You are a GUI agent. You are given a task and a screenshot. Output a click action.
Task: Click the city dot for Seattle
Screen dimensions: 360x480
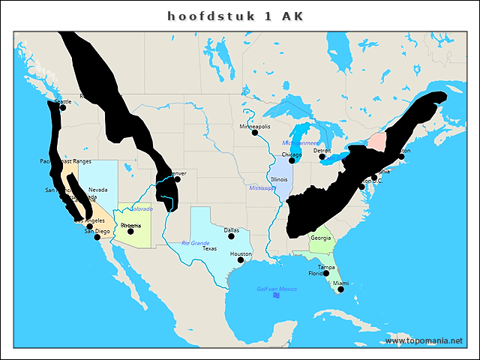click(x=62, y=107)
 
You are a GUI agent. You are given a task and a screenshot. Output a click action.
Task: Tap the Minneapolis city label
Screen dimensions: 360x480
click(x=255, y=127)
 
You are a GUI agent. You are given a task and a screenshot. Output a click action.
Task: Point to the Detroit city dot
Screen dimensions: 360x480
click(x=322, y=156)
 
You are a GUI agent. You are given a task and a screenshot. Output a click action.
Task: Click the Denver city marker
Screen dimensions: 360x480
click(x=177, y=178)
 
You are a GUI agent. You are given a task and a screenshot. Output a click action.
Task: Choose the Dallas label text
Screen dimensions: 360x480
click(x=231, y=230)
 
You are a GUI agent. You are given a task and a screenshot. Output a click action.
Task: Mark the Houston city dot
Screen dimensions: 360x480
click(x=241, y=259)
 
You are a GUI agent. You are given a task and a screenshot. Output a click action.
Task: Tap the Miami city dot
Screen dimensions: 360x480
click(x=340, y=289)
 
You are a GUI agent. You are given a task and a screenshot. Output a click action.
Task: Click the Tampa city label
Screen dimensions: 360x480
click(x=326, y=267)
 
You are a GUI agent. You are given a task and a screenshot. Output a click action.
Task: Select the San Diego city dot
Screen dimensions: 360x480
click(x=97, y=237)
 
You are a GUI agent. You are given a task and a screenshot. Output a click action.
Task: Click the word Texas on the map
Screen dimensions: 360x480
click(x=210, y=248)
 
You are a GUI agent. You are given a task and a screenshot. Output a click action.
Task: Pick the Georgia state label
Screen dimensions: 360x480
click(x=320, y=238)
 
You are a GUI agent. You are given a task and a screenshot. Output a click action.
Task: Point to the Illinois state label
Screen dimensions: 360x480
click(x=279, y=179)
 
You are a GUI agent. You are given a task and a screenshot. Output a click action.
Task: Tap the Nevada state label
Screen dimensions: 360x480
click(x=97, y=190)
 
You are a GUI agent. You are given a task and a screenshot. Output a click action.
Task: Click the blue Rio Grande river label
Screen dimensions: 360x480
click(x=195, y=243)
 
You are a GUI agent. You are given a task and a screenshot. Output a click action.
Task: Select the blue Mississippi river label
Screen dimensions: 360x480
click(x=262, y=187)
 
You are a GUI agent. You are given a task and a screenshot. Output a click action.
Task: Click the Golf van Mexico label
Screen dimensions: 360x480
click(x=277, y=289)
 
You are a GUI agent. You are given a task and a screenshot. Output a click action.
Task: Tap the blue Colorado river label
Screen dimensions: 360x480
click(x=141, y=208)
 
